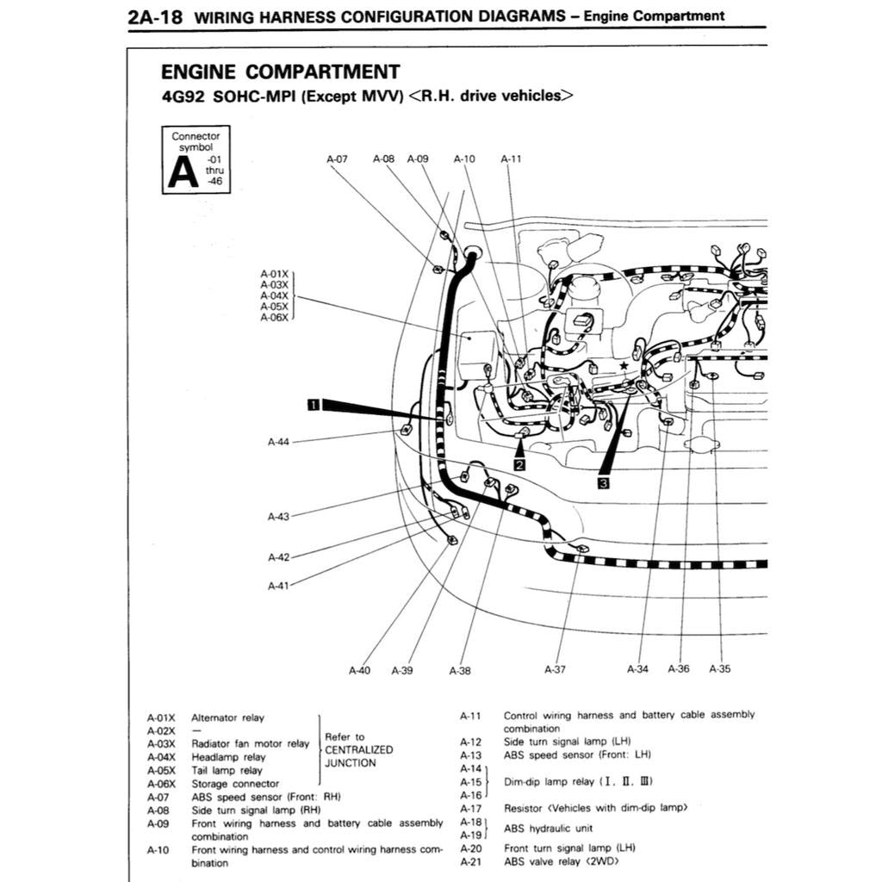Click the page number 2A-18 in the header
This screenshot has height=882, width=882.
click(x=154, y=16)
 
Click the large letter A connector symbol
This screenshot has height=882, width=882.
click(x=183, y=171)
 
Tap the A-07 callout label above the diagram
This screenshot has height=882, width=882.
click(x=338, y=159)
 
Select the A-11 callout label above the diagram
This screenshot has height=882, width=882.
click(x=511, y=159)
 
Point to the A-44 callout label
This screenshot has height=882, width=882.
click(x=278, y=442)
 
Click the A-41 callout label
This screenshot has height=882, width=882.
click(x=278, y=586)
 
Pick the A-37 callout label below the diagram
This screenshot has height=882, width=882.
click(x=556, y=669)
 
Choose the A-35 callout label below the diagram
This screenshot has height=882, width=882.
click(x=719, y=669)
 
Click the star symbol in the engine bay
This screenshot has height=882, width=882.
click(x=623, y=366)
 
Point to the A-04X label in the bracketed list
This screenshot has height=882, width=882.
click(x=274, y=295)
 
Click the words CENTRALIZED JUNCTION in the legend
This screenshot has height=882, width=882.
click(x=358, y=756)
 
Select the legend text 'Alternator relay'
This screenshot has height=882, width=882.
click(x=227, y=717)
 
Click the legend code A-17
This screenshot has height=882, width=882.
click(x=471, y=808)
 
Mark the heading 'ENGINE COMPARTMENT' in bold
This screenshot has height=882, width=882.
click(x=280, y=72)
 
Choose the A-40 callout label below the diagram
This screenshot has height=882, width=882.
click(x=360, y=670)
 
